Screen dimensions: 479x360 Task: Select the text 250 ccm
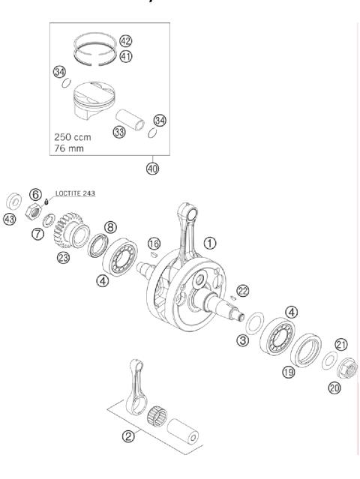(x=75, y=138)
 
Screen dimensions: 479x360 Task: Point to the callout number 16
(x=154, y=244)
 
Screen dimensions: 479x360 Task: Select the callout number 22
(x=242, y=290)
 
